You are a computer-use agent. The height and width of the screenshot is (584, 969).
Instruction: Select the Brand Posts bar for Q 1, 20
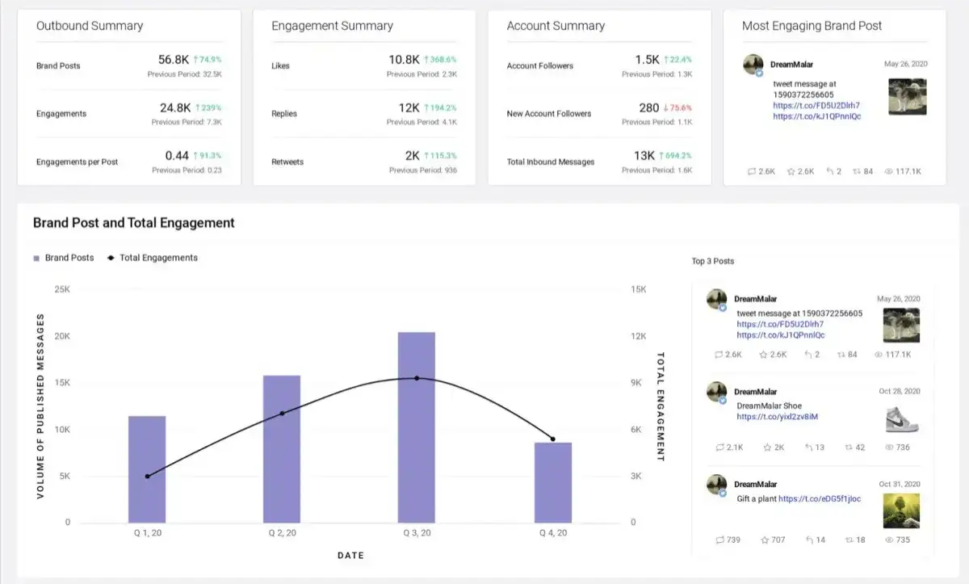coord(147,468)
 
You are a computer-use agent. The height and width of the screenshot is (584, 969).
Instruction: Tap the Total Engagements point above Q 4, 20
coord(552,439)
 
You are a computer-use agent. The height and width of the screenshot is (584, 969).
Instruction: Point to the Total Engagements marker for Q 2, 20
coord(282,414)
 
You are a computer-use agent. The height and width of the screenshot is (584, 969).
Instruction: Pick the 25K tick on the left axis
coord(62,289)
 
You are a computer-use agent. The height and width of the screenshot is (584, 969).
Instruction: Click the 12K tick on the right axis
coord(638,336)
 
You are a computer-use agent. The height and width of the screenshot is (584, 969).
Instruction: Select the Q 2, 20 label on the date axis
coord(282,533)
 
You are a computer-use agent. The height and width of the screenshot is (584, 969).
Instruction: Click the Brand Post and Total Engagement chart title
coord(134,223)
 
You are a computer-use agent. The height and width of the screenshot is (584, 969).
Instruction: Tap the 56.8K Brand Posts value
coord(174,60)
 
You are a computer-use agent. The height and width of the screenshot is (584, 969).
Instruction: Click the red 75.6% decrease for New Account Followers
coord(677,107)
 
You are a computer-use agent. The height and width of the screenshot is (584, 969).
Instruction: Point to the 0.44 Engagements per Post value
coord(177,156)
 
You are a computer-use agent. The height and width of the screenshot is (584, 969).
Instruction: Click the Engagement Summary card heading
coord(332,26)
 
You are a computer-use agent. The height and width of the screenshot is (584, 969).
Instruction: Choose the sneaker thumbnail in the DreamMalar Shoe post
coord(902,418)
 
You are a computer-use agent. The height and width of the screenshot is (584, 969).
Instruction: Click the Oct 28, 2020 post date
coord(900,391)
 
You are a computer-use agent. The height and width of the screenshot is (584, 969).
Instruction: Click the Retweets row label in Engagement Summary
coord(287,162)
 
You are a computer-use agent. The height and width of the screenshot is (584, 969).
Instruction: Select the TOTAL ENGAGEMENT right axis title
coord(660,406)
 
